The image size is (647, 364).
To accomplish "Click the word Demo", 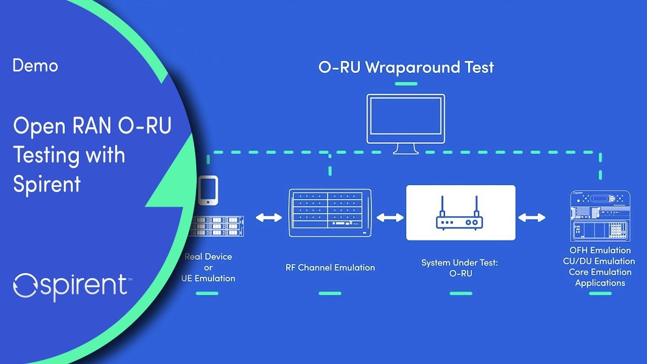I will [35, 66].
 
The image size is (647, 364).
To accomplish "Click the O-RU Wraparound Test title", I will [406, 67].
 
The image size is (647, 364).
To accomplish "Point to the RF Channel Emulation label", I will [330, 267].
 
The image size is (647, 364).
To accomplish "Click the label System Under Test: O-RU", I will [460, 268].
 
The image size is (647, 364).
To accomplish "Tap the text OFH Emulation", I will [600, 250].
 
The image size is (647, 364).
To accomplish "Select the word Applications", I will [600, 283].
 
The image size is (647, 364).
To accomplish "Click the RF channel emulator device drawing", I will [330, 213].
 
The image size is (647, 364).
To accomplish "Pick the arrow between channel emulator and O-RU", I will [390, 217].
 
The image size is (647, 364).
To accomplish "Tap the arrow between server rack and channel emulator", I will [268, 217].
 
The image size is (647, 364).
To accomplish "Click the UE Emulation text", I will [208, 278].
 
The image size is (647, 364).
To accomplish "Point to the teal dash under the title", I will [406, 83].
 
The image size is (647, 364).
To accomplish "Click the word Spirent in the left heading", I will [47, 184].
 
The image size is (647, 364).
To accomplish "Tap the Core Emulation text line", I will [600, 272].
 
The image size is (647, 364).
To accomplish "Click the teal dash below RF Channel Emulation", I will [330, 293].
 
